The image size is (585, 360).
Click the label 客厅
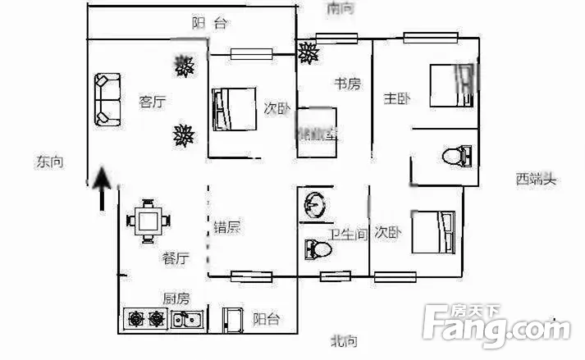[x=153, y=103]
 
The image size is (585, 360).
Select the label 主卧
[x=397, y=99]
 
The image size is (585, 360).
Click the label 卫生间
[x=348, y=235]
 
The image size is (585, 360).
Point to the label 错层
[x=227, y=227]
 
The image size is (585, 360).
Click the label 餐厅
[x=176, y=259]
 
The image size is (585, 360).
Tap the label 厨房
[x=176, y=298]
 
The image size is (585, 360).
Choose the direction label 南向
[x=340, y=9]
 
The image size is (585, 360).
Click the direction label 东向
[x=49, y=162]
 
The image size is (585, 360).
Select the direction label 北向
[x=344, y=341]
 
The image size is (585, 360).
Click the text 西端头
[x=536, y=179]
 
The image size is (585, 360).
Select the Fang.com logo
[x=496, y=326]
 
